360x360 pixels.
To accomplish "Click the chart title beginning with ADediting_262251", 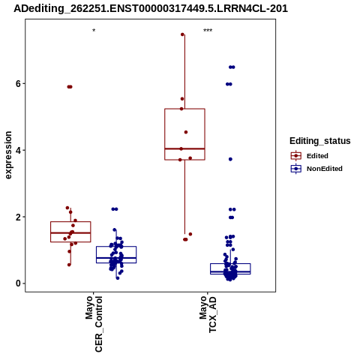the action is click(151, 8).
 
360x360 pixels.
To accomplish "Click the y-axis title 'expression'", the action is click(8, 155).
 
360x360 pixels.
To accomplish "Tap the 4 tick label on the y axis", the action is click(18, 150).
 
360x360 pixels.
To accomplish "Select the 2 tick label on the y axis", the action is click(18, 217).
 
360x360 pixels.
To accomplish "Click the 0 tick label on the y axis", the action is click(18, 283).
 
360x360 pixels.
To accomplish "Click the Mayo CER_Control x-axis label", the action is click(94, 324).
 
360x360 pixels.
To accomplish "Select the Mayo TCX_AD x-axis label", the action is click(208, 314).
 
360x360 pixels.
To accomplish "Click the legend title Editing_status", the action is click(320, 141).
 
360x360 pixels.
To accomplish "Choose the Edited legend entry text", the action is click(317, 156).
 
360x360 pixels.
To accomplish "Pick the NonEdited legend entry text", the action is click(325, 169).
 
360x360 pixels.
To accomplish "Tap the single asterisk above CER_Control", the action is click(94, 31).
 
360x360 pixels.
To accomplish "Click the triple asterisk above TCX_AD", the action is click(208, 31).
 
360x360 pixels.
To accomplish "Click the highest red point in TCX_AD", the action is click(182, 34).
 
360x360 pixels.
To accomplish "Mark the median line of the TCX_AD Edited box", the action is click(184, 148).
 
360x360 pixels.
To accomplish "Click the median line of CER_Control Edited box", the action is click(70, 233).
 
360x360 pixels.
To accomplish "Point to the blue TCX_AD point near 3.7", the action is click(230, 159).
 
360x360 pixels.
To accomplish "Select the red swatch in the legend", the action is click(296, 156).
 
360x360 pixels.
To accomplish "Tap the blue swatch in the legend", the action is click(296, 169).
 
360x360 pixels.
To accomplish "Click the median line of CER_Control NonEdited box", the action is click(116, 258).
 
